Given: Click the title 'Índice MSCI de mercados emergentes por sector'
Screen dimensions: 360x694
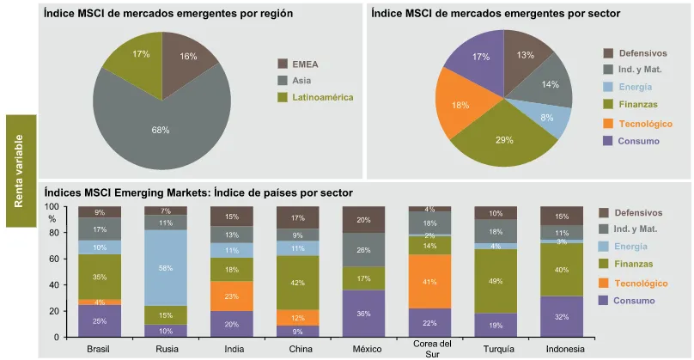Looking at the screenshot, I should point(484,15).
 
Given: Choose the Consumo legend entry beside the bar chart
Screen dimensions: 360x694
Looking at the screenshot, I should point(629,301).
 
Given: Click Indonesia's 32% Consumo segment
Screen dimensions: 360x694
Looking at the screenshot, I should point(562,316).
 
